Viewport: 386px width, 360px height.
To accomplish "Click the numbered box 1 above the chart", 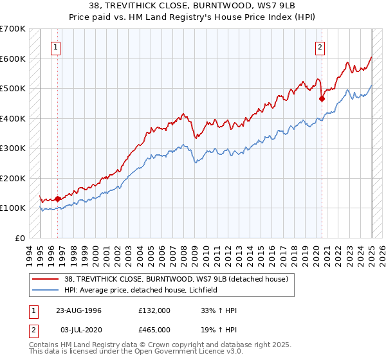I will (57, 46).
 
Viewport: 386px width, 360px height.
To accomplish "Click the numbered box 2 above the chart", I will (320, 46).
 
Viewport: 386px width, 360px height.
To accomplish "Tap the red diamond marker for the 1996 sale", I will (58, 199).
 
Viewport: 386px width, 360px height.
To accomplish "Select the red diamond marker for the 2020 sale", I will (322, 98).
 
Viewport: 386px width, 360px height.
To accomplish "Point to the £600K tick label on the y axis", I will (14, 59).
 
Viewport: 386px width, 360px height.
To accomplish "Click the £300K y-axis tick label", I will (14, 148).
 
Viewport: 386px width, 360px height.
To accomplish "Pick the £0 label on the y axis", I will (20, 238).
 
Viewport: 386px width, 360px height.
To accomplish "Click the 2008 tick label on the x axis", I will (184, 253).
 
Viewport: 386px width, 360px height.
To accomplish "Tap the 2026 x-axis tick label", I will (381, 253).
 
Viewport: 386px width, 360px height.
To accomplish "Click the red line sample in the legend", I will (45, 278).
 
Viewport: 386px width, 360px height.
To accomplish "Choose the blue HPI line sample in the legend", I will (45, 290).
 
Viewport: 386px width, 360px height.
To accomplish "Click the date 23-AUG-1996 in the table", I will (78, 310).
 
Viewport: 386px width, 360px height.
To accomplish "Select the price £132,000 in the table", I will (154, 310).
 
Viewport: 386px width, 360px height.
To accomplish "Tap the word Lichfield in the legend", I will (202, 290).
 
